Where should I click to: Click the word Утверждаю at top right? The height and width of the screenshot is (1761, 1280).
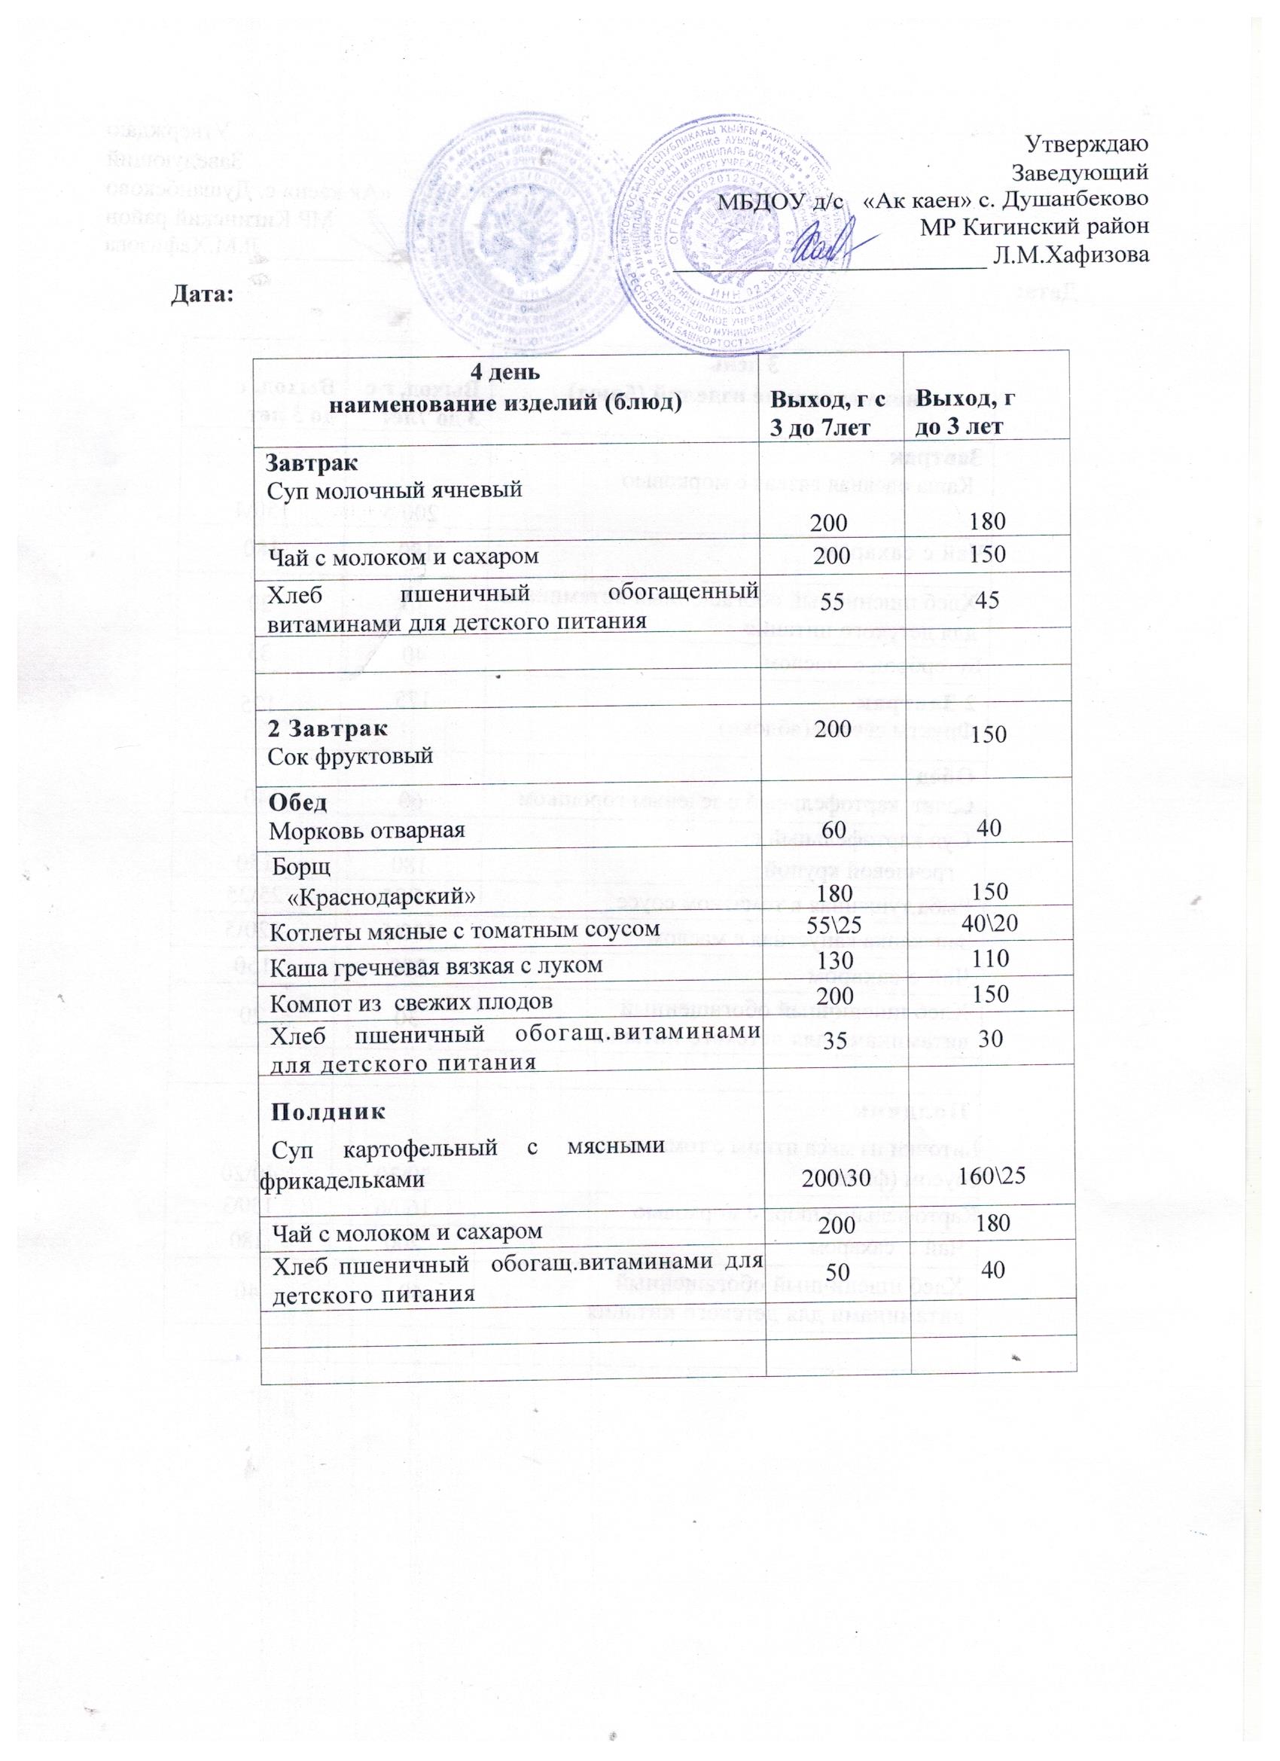pyautogui.click(x=1086, y=144)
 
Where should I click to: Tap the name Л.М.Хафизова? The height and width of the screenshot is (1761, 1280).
pyautogui.click(x=1071, y=254)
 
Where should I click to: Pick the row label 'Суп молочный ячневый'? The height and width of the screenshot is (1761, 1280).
pyautogui.click(x=394, y=489)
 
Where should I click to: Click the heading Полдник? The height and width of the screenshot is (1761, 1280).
pyautogui.click(x=327, y=1110)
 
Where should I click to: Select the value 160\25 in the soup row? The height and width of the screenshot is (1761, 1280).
pyautogui.click(x=994, y=1176)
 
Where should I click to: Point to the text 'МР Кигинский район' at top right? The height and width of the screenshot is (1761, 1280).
pyautogui.click(x=1034, y=227)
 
